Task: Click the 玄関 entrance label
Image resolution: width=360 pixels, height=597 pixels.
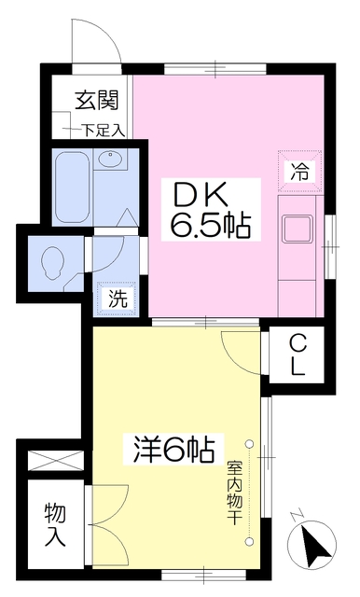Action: tap(97, 101)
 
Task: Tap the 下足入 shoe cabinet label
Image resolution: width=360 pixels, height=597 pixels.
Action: tap(104, 132)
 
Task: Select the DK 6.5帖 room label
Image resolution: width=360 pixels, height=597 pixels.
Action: tap(211, 209)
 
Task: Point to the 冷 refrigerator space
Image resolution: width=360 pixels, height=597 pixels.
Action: tap(300, 170)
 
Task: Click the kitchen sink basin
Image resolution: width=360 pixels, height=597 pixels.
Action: tap(298, 229)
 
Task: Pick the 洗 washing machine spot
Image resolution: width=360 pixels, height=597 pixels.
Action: tap(117, 298)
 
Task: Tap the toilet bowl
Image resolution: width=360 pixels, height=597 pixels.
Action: tap(51, 262)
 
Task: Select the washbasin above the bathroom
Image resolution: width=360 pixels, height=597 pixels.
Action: tap(110, 159)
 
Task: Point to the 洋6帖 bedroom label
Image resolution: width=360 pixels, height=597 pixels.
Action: tap(173, 449)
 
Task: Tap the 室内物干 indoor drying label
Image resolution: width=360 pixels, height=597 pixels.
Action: tap(234, 493)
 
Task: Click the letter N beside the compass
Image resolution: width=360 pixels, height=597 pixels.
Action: tap(296, 516)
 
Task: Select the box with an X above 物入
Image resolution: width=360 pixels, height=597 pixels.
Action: tap(56, 460)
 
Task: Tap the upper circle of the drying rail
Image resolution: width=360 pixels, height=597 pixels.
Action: tap(249, 444)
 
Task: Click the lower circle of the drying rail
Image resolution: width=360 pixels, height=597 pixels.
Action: tap(249, 540)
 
